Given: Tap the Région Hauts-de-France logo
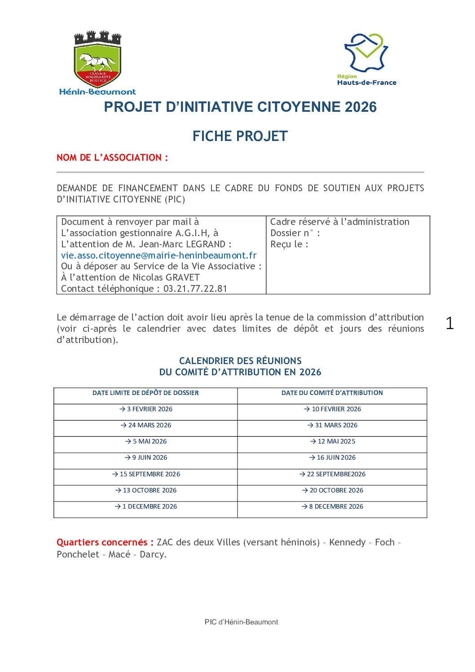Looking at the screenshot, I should pos(366,59).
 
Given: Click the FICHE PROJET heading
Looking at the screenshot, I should pos(240,136).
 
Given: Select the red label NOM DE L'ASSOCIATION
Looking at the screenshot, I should pos(112,158).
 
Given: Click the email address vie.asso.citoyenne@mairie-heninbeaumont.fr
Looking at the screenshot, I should pos(158,255).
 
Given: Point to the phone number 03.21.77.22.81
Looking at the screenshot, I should pos(195,289).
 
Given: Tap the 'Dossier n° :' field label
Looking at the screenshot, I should pos(295,233).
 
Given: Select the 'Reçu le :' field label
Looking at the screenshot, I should pos(289,244).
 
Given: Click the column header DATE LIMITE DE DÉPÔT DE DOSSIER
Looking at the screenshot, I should pos(145,393).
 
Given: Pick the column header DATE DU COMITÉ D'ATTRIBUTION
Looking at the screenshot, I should pos(332,393).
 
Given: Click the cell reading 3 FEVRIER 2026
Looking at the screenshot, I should pos(146,409).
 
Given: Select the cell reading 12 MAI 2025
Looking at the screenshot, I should pos(332,441).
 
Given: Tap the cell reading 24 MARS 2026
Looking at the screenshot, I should pos(146,425).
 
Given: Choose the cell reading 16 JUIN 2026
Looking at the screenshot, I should pos(332,457).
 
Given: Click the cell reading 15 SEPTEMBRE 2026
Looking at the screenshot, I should pos(146,474).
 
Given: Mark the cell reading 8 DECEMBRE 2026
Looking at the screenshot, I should pos(332,506).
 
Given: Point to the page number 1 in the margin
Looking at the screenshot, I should pos(449,323).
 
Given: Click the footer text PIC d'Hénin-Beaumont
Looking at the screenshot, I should pos(241,622).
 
